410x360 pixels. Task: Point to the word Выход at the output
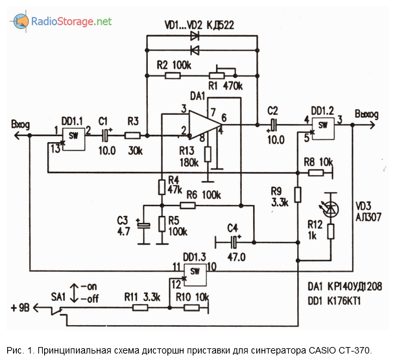[x=369, y=114]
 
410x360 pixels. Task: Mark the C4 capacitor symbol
[x=234, y=242]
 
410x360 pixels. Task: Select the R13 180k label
[x=187, y=156]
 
